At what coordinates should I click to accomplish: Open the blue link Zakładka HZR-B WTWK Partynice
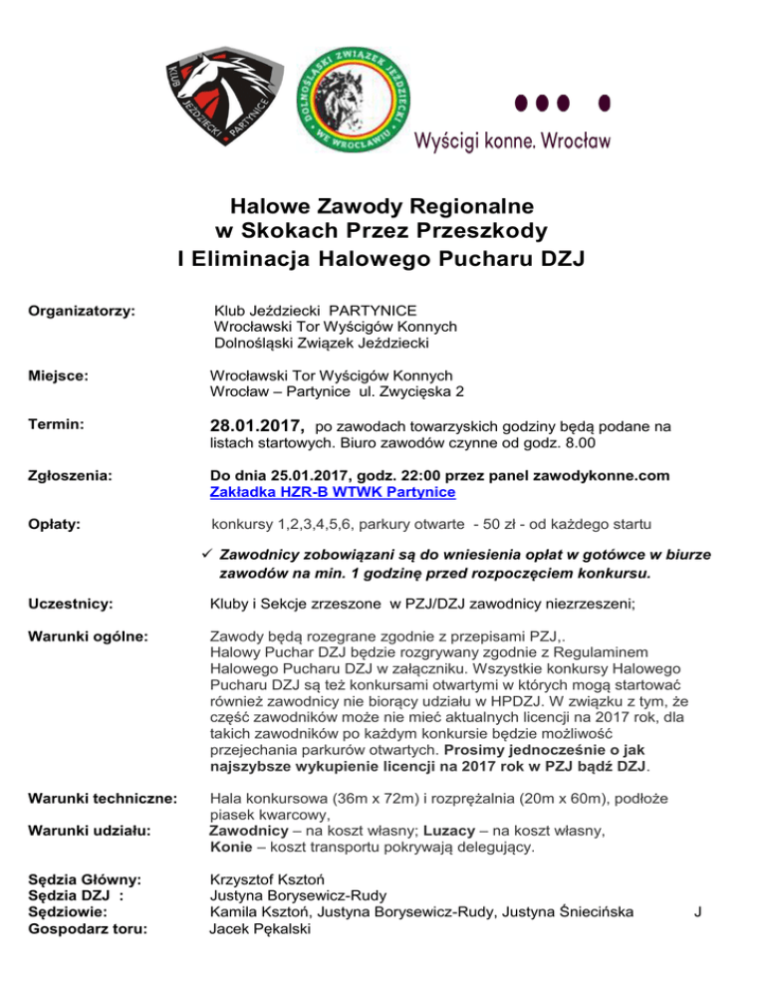pyautogui.click(x=333, y=492)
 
